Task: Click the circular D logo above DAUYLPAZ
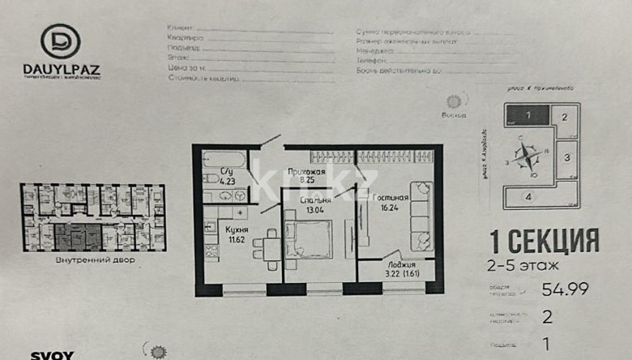coord(61,41)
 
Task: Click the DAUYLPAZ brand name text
coord(62,71)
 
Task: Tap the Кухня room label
coord(237,230)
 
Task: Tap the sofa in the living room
coord(421,214)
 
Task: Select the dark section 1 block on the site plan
coord(527,115)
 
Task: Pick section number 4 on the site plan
coord(527,196)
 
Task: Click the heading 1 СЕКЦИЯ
coord(544,241)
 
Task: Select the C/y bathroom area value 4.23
coord(228,182)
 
